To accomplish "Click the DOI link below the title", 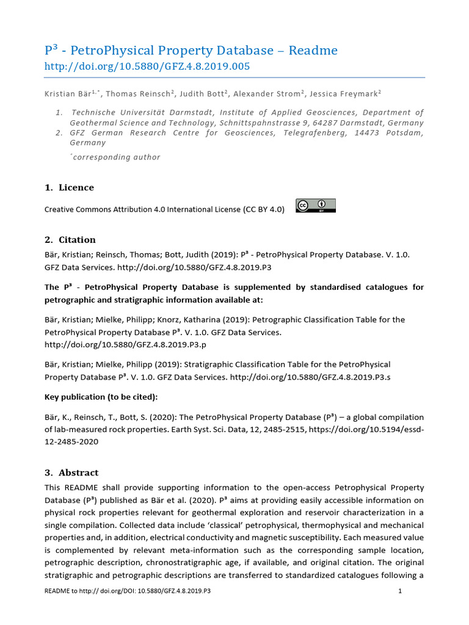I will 147,67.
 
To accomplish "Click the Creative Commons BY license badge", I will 316,206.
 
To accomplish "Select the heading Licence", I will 76,187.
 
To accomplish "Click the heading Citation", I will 77,240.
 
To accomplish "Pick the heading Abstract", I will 78,473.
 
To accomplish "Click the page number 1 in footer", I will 399,591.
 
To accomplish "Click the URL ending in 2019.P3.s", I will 310,377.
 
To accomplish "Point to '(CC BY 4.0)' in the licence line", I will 264,209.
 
